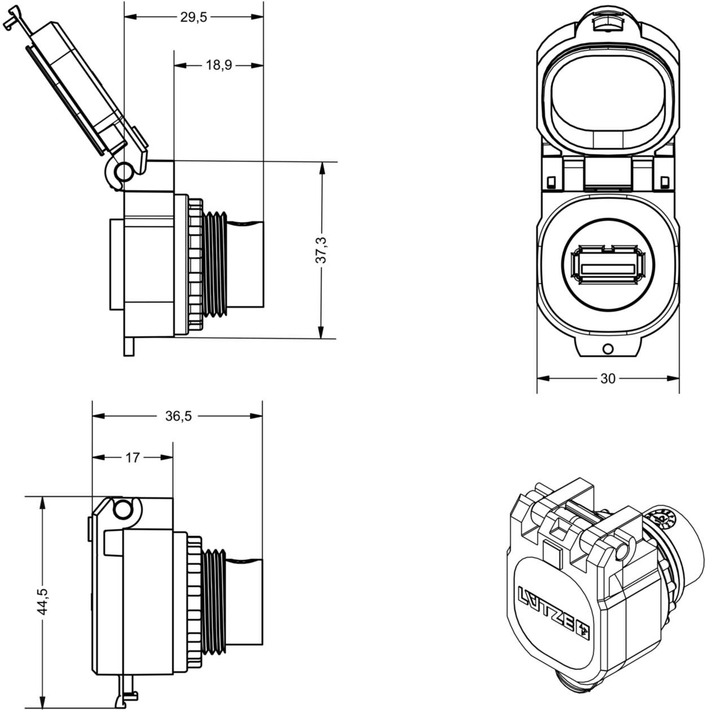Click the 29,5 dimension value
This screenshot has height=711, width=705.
pos(193,17)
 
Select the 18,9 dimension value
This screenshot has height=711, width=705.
pos(219,65)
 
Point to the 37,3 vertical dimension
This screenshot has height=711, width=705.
pos(321,250)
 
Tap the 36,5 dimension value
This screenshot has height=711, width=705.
pos(178,416)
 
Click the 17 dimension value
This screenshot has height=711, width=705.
pos(132,457)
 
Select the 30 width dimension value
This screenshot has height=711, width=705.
pos(607,379)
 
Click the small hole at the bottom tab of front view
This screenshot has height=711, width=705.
pos(607,348)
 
